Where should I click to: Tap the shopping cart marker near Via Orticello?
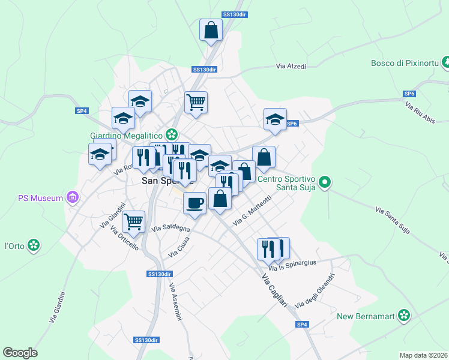coord(133,221)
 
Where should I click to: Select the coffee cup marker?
coord(194,203)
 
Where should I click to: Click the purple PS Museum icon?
coord(73,197)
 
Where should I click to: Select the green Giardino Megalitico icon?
coord(173,134)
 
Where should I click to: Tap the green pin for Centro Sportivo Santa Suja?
coord(325,181)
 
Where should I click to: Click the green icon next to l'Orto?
coord(34,245)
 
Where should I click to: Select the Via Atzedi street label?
coord(291,66)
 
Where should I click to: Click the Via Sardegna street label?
coord(171,229)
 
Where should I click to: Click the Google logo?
coord(20,352)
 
